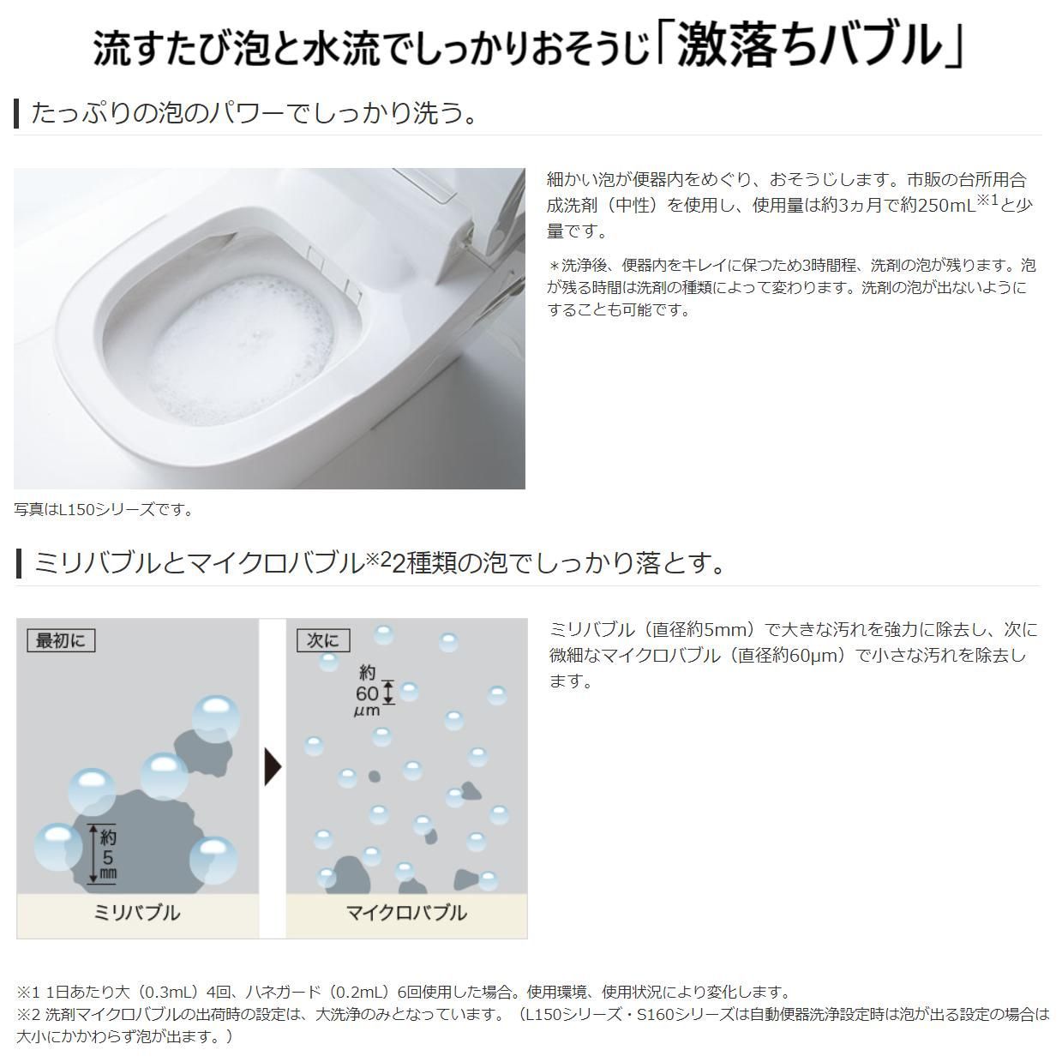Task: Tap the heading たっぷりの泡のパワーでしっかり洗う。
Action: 255,113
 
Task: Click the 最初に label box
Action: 60,640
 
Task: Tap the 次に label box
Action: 323,640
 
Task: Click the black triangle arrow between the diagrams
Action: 273,766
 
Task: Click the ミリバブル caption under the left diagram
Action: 137,913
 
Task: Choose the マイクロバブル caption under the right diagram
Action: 406,913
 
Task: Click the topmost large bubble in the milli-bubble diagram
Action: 215,717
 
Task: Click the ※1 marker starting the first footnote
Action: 28,993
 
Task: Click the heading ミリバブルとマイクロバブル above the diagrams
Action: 199,563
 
